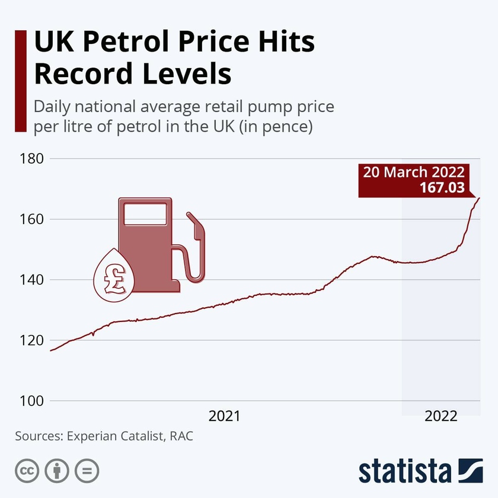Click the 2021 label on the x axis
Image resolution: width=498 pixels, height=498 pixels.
tap(224, 416)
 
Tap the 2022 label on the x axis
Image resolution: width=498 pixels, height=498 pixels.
tap(440, 416)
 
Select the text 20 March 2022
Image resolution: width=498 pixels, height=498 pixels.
tap(414, 173)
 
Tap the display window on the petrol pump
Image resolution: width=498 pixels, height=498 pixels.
tap(145, 214)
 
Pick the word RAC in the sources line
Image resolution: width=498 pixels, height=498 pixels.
tap(181, 436)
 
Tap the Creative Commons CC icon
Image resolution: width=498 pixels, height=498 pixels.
tap(27, 471)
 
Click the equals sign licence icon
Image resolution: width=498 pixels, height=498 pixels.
tap(87, 471)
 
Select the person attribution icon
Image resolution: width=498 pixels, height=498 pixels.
tap(57, 471)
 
